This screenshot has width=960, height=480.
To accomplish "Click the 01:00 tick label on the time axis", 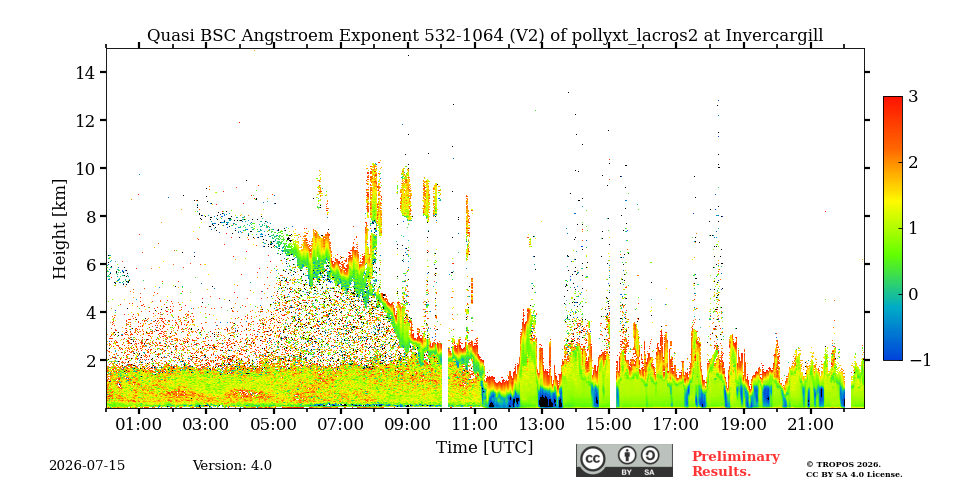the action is coord(139,424).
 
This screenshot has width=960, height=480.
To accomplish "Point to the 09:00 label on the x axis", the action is coord(408,424).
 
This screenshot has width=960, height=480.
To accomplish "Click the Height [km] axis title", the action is coord(59,229).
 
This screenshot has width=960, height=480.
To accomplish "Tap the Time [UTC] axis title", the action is coord(484,448).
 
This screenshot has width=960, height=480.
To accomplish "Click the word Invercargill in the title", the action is coord(774,36).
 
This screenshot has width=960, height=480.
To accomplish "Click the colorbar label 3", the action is coord(913,96).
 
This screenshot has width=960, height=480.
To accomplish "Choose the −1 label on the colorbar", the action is coord(920,360).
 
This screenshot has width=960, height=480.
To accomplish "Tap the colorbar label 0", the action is coord(913,294).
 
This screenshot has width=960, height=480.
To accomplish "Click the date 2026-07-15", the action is coord(87,466).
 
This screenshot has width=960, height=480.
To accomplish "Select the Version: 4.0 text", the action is coord(232,466).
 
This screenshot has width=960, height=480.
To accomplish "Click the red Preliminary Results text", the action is coord(736,464).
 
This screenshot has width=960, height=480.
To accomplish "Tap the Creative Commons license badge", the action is coord(624,460).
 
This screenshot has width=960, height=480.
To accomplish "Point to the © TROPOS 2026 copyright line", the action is coord(843,465).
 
